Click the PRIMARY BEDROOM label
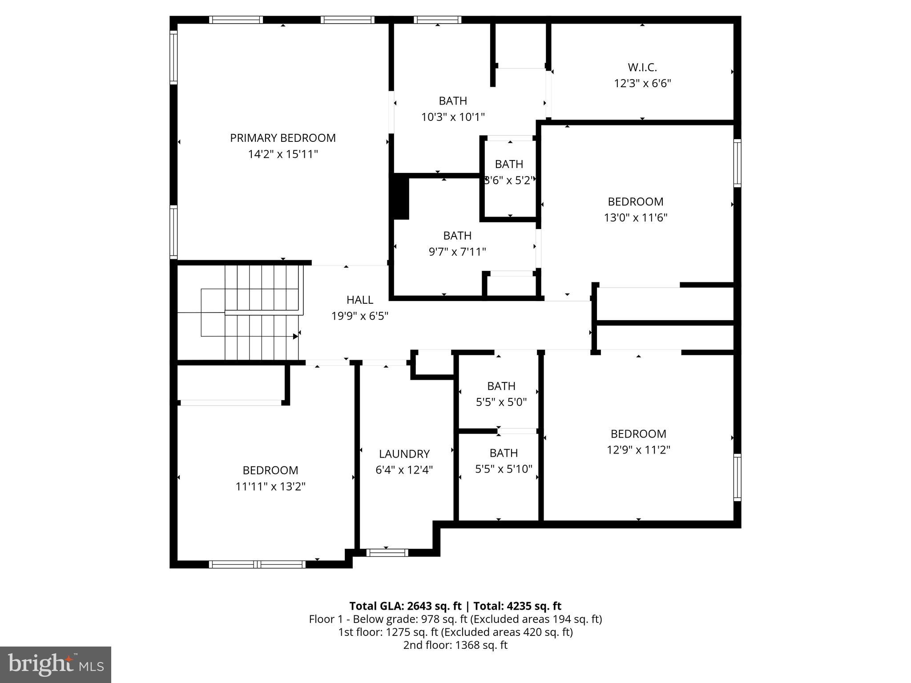282,138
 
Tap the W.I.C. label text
642,68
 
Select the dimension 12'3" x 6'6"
642,84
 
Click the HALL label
359,300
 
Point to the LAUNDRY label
404,454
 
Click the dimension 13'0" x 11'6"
635,218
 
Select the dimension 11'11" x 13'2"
270,486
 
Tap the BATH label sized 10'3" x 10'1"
453,101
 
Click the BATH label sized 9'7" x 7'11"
457,236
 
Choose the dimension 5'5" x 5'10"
504,469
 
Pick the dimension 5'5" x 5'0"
501,402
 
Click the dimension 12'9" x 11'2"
638,450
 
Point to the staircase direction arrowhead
295,337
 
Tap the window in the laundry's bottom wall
387,553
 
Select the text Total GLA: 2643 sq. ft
405,606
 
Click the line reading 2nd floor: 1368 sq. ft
455,645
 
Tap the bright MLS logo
56,665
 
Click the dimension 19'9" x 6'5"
359,316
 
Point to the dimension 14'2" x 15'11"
282,154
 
